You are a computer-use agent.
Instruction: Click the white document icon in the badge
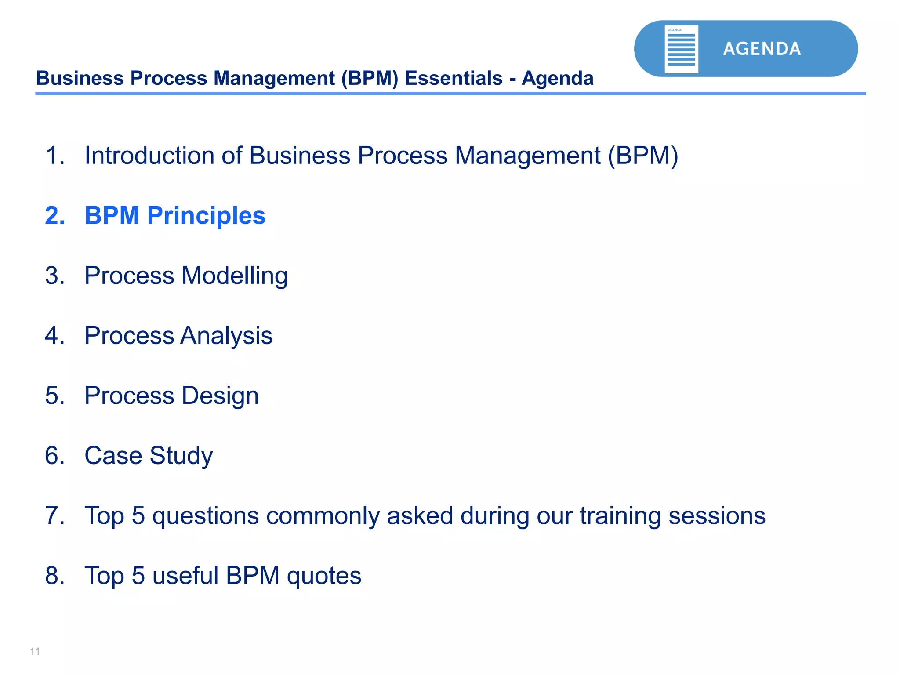(x=681, y=49)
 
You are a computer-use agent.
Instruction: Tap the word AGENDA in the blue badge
(x=762, y=49)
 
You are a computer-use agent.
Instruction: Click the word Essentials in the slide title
(x=453, y=79)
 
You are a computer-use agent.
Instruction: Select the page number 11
(x=35, y=651)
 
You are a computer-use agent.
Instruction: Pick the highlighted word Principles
(x=206, y=216)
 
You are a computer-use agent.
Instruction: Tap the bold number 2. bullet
(x=55, y=216)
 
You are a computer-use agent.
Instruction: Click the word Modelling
(x=235, y=276)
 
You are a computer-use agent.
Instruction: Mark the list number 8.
(x=55, y=576)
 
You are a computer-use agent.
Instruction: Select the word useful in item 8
(x=185, y=576)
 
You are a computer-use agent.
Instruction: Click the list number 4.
(x=55, y=336)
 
